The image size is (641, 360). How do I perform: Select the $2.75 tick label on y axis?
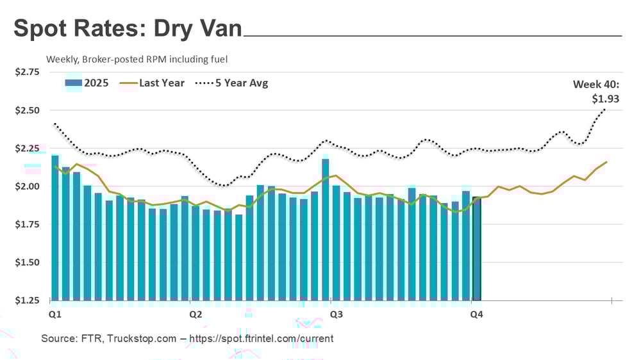pyautogui.click(x=28, y=72)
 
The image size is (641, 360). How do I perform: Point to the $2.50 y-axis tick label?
pyautogui.click(x=28, y=110)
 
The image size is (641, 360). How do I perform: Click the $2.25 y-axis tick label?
pyautogui.click(x=28, y=149)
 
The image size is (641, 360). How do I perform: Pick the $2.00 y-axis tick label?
pyautogui.click(x=28, y=186)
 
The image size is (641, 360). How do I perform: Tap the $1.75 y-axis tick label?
pyautogui.click(x=28, y=224)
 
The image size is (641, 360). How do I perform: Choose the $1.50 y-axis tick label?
pyautogui.click(x=28, y=263)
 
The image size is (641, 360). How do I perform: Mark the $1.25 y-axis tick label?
pyautogui.click(x=28, y=300)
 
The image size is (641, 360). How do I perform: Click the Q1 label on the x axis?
pyautogui.click(x=55, y=315)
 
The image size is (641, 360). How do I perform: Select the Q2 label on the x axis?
pyautogui.click(x=196, y=315)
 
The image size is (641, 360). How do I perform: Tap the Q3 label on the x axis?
pyautogui.click(x=335, y=315)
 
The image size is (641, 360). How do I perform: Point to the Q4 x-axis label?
pyautogui.click(x=476, y=315)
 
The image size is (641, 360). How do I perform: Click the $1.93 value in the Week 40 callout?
pyautogui.click(x=605, y=99)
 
